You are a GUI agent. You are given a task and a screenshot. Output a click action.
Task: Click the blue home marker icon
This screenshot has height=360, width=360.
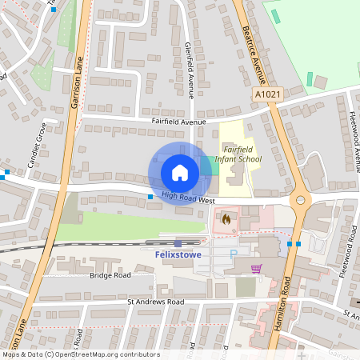[x=180, y=173]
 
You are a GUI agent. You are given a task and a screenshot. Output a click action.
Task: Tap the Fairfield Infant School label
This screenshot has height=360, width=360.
[x=242, y=154]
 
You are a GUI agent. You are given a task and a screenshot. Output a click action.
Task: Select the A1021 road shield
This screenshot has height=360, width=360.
[x=269, y=94]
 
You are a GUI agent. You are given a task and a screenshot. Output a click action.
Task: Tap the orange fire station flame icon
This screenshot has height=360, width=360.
[x=226, y=218]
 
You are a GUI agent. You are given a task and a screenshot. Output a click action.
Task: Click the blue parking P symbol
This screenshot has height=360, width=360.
[x=234, y=254]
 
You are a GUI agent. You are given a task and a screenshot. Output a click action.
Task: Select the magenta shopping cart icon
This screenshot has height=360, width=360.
[x=256, y=269]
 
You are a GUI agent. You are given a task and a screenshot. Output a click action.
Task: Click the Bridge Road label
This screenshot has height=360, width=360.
[x=110, y=274]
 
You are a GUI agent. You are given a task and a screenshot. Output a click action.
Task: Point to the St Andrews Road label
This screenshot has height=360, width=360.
[x=155, y=302]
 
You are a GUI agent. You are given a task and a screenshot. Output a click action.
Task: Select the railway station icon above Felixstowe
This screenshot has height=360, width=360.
[x=177, y=242]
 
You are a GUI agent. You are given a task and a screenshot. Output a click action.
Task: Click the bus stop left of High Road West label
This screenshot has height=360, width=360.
[x=150, y=196]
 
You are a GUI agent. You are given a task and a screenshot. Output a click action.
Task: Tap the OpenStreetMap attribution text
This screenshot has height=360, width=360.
[x=80, y=354]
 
